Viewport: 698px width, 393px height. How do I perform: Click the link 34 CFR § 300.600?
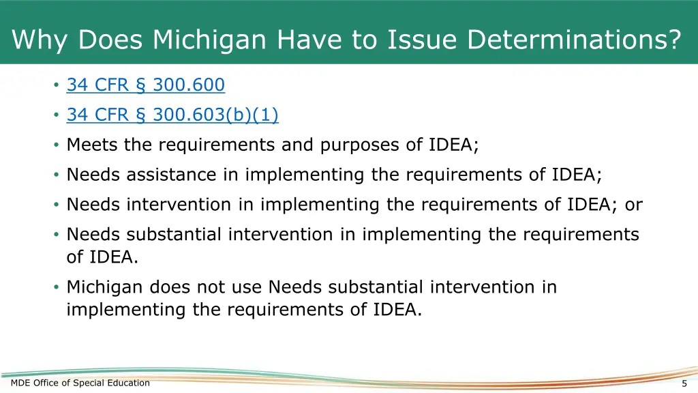145,85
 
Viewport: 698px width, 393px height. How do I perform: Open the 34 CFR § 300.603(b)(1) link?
172,115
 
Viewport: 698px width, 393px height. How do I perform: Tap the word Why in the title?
42,40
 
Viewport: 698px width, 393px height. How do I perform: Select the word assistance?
170,175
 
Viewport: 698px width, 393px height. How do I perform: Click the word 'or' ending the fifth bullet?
633,205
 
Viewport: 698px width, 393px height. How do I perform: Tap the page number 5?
684,383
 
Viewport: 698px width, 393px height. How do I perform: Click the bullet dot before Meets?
55,145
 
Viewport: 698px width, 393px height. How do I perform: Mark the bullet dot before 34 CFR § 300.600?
55,86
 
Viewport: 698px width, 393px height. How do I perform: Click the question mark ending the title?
673,40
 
